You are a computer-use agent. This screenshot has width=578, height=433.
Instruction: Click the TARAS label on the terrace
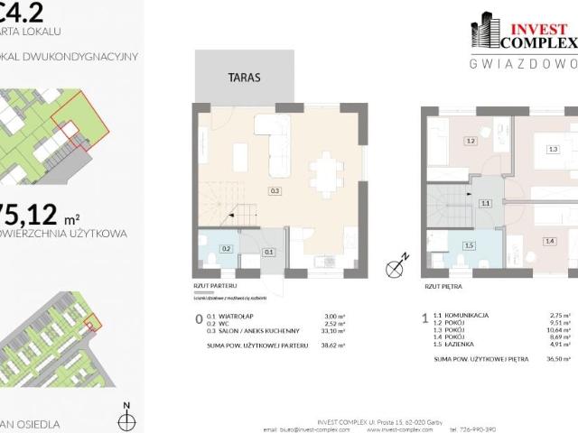click(245, 78)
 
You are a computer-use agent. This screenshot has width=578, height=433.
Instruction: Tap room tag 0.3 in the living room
click(275, 191)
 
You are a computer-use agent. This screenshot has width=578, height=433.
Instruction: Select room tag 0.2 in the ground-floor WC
click(227, 248)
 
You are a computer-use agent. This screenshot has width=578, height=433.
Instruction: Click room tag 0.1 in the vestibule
click(268, 253)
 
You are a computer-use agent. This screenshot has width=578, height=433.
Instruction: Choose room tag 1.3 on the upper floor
click(553, 150)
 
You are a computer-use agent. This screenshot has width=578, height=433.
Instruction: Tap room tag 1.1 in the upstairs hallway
click(485, 204)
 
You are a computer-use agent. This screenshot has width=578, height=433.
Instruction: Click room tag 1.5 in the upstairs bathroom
click(469, 245)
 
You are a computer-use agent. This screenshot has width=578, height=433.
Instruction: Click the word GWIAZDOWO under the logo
click(524, 63)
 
